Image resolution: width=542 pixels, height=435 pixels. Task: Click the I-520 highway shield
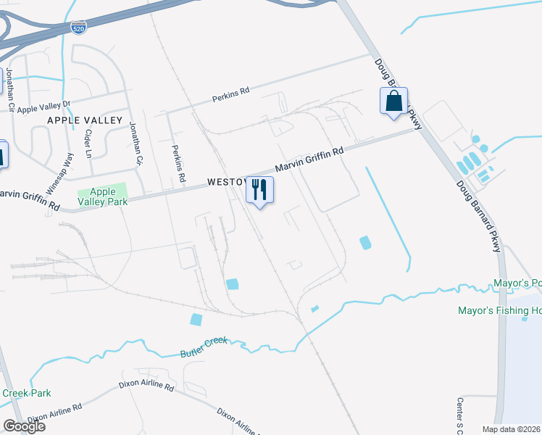coord(80,28)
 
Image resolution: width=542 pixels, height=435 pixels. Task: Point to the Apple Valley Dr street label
coord(43,109)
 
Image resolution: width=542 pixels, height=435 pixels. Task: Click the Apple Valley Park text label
coord(103,196)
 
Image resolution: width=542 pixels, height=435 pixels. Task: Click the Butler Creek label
coord(204,347)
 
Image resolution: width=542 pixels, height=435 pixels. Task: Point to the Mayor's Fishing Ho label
coord(499,310)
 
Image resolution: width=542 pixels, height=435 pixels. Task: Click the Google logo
coord(24,426)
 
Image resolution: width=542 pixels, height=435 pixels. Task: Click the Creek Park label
coord(26,393)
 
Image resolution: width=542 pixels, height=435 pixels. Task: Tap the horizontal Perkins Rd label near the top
coord(230,92)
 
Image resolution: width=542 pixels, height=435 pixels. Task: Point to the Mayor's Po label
coord(517,283)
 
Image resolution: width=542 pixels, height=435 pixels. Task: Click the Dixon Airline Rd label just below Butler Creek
coord(149,386)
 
